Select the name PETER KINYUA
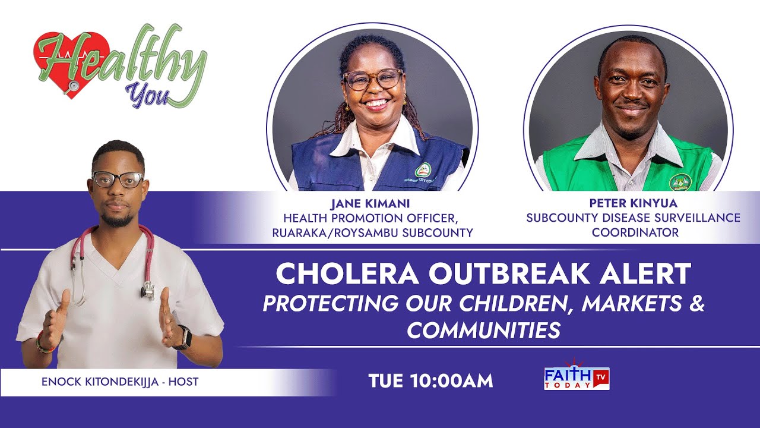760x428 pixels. (x=633, y=203)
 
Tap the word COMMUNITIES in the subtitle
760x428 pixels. (x=483, y=330)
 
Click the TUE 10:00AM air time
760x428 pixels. (x=430, y=381)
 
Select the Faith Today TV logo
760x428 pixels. (x=577, y=378)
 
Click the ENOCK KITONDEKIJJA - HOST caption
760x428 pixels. (x=120, y=382)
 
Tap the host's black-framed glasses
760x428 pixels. (x=118, y=179)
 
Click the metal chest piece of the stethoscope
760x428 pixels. (x=148, y=291)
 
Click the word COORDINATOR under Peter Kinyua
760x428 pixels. (x=635, y=232)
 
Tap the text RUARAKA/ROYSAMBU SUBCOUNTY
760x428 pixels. (x=372, y=232)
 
